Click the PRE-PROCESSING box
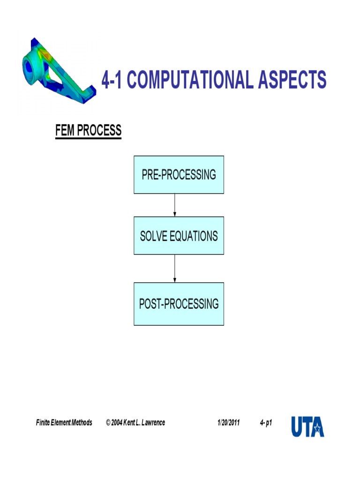(179, 174)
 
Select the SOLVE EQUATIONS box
(179, 235)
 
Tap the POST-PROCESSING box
(179, 304)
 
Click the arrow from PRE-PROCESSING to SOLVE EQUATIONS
(175, 205)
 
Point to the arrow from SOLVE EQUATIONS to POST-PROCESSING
(175, 268)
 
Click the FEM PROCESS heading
(88, 130)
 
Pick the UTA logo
(307, 426)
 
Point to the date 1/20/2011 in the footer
(228, 423)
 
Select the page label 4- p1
(266, 423)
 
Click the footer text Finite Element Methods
(64, 423)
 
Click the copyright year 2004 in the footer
(117, 423)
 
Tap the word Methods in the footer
(82, 423)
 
